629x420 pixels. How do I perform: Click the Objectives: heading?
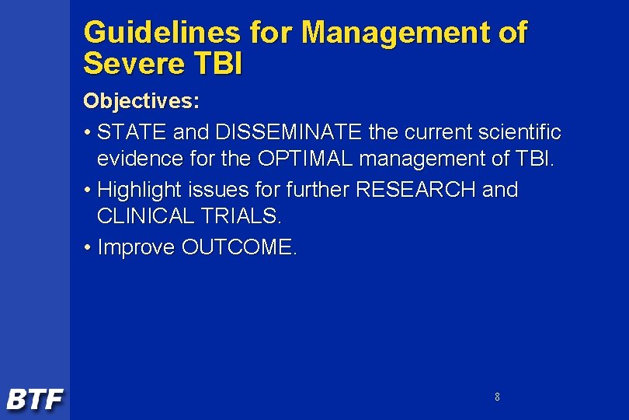[141, 101]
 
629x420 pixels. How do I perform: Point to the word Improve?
[137, 247]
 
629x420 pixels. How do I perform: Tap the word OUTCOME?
[239, 247]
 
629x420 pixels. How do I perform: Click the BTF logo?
[35, 400]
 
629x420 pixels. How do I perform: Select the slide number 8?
[497, 397]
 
